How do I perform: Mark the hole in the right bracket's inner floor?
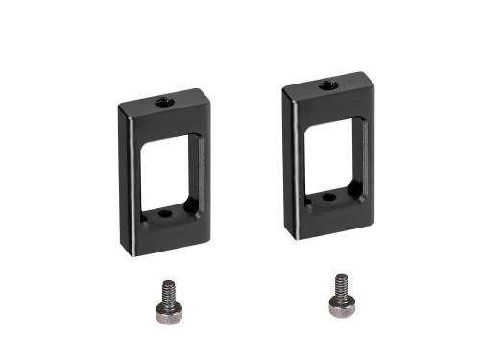coord(331,197)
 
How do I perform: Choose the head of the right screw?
coord(340,305)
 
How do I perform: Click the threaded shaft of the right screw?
coord(340,285)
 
